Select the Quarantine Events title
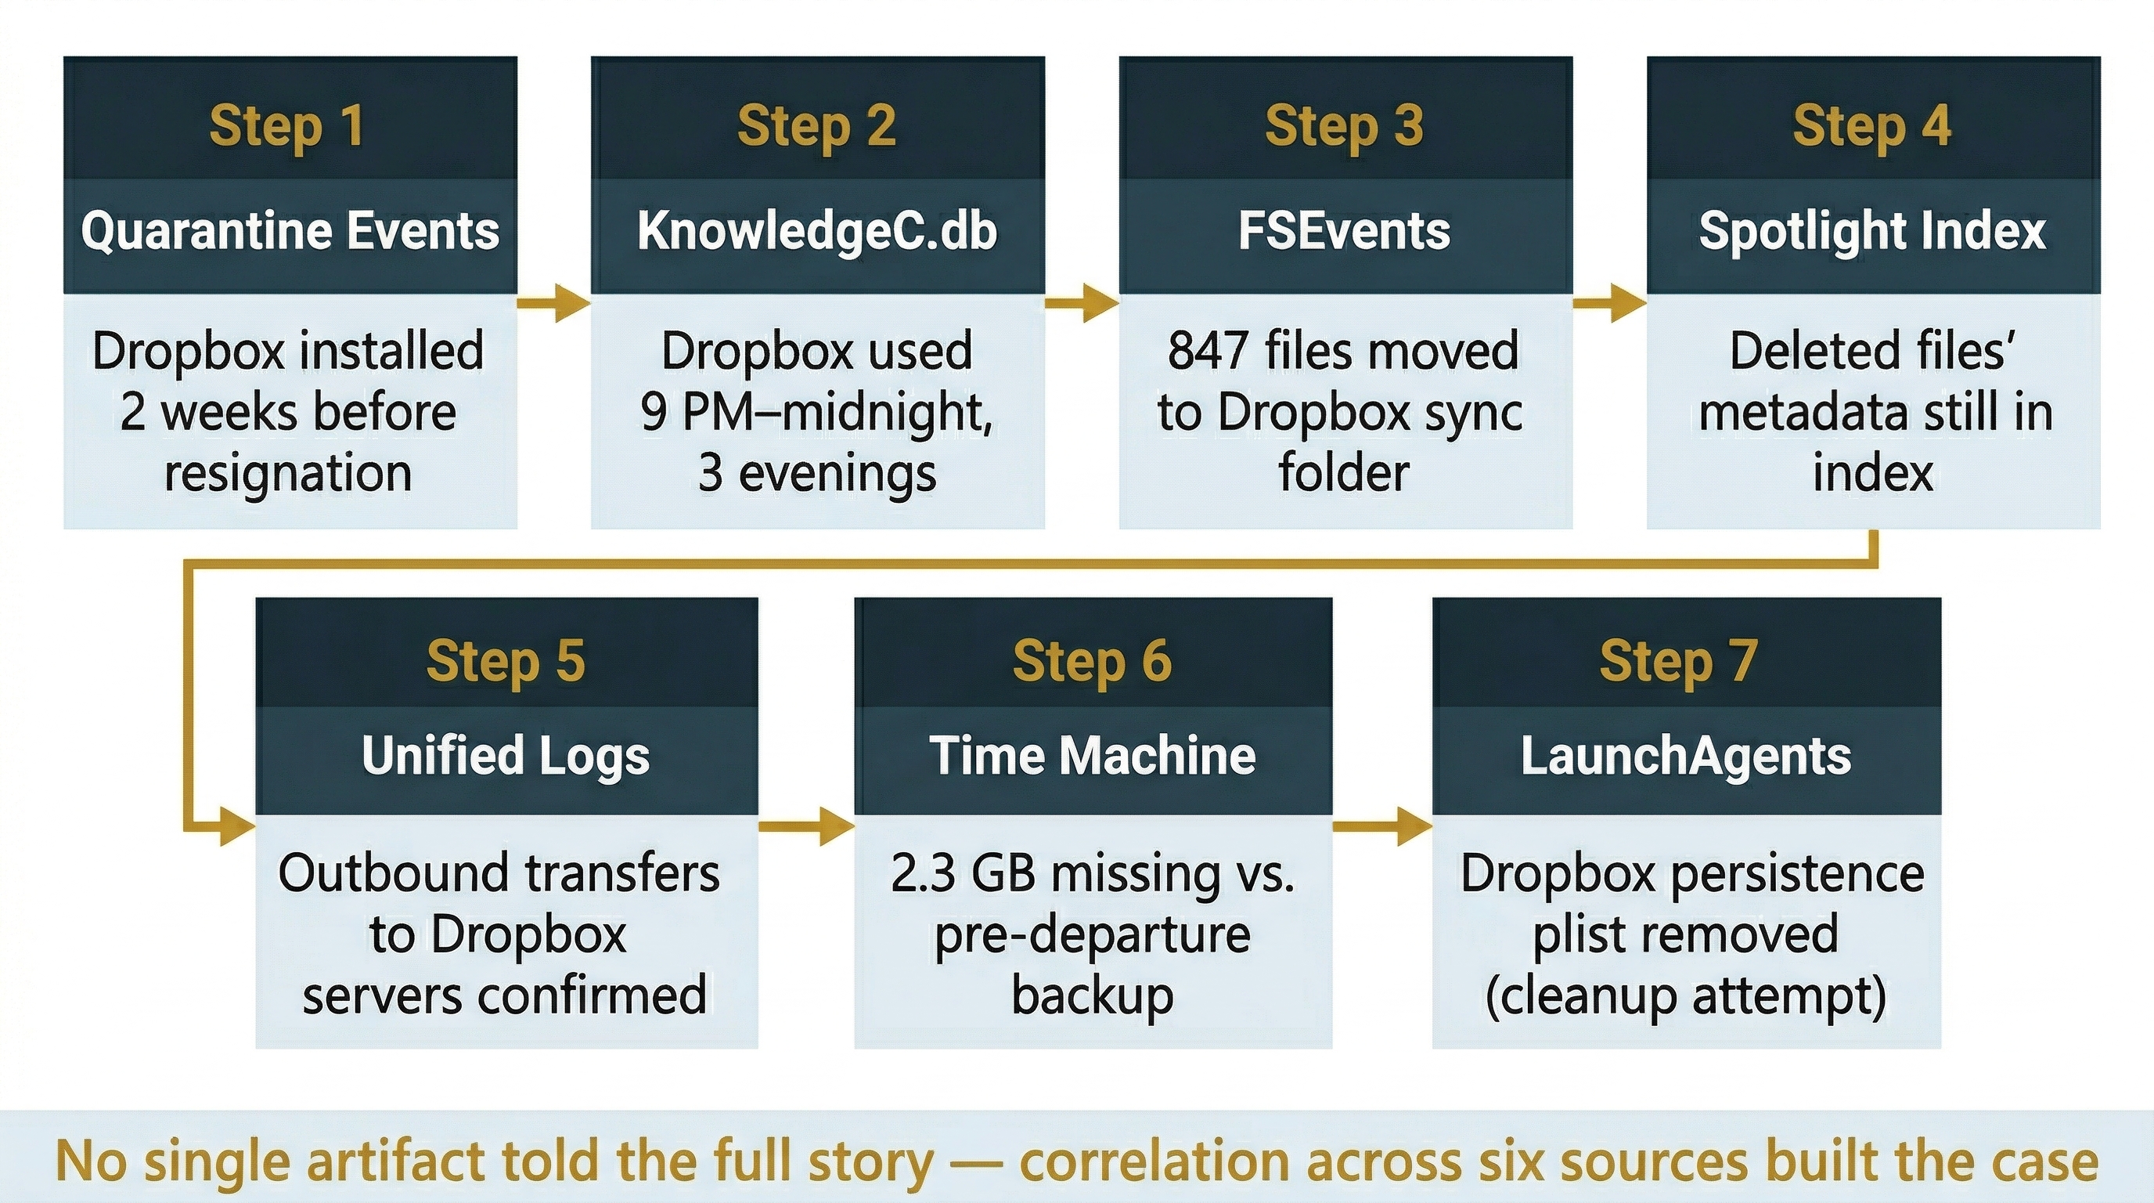(290, 231)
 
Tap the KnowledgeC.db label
(817, 231)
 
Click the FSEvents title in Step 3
(1344, 231)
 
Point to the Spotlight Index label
(1872, 231)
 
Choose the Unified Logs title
(506, 756)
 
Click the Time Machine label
(1092, 756)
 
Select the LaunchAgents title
(1686, 756)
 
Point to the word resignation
(289, 474)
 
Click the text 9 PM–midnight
(816, 413)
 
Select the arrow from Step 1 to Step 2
(553, 303)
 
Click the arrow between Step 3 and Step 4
(1608, 303)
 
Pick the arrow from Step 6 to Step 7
(1381, 826)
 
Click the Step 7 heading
(1677, 661)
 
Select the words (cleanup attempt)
(1686, 996)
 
